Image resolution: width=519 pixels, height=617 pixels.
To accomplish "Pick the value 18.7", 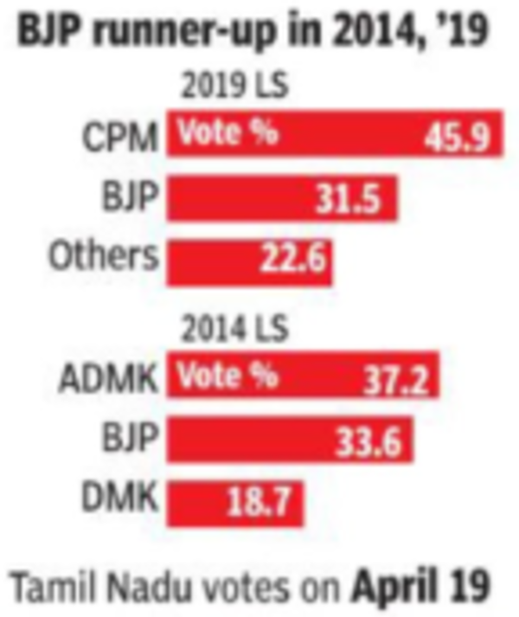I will point(265,504).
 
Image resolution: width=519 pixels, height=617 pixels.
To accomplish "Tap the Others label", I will point(104,256).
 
